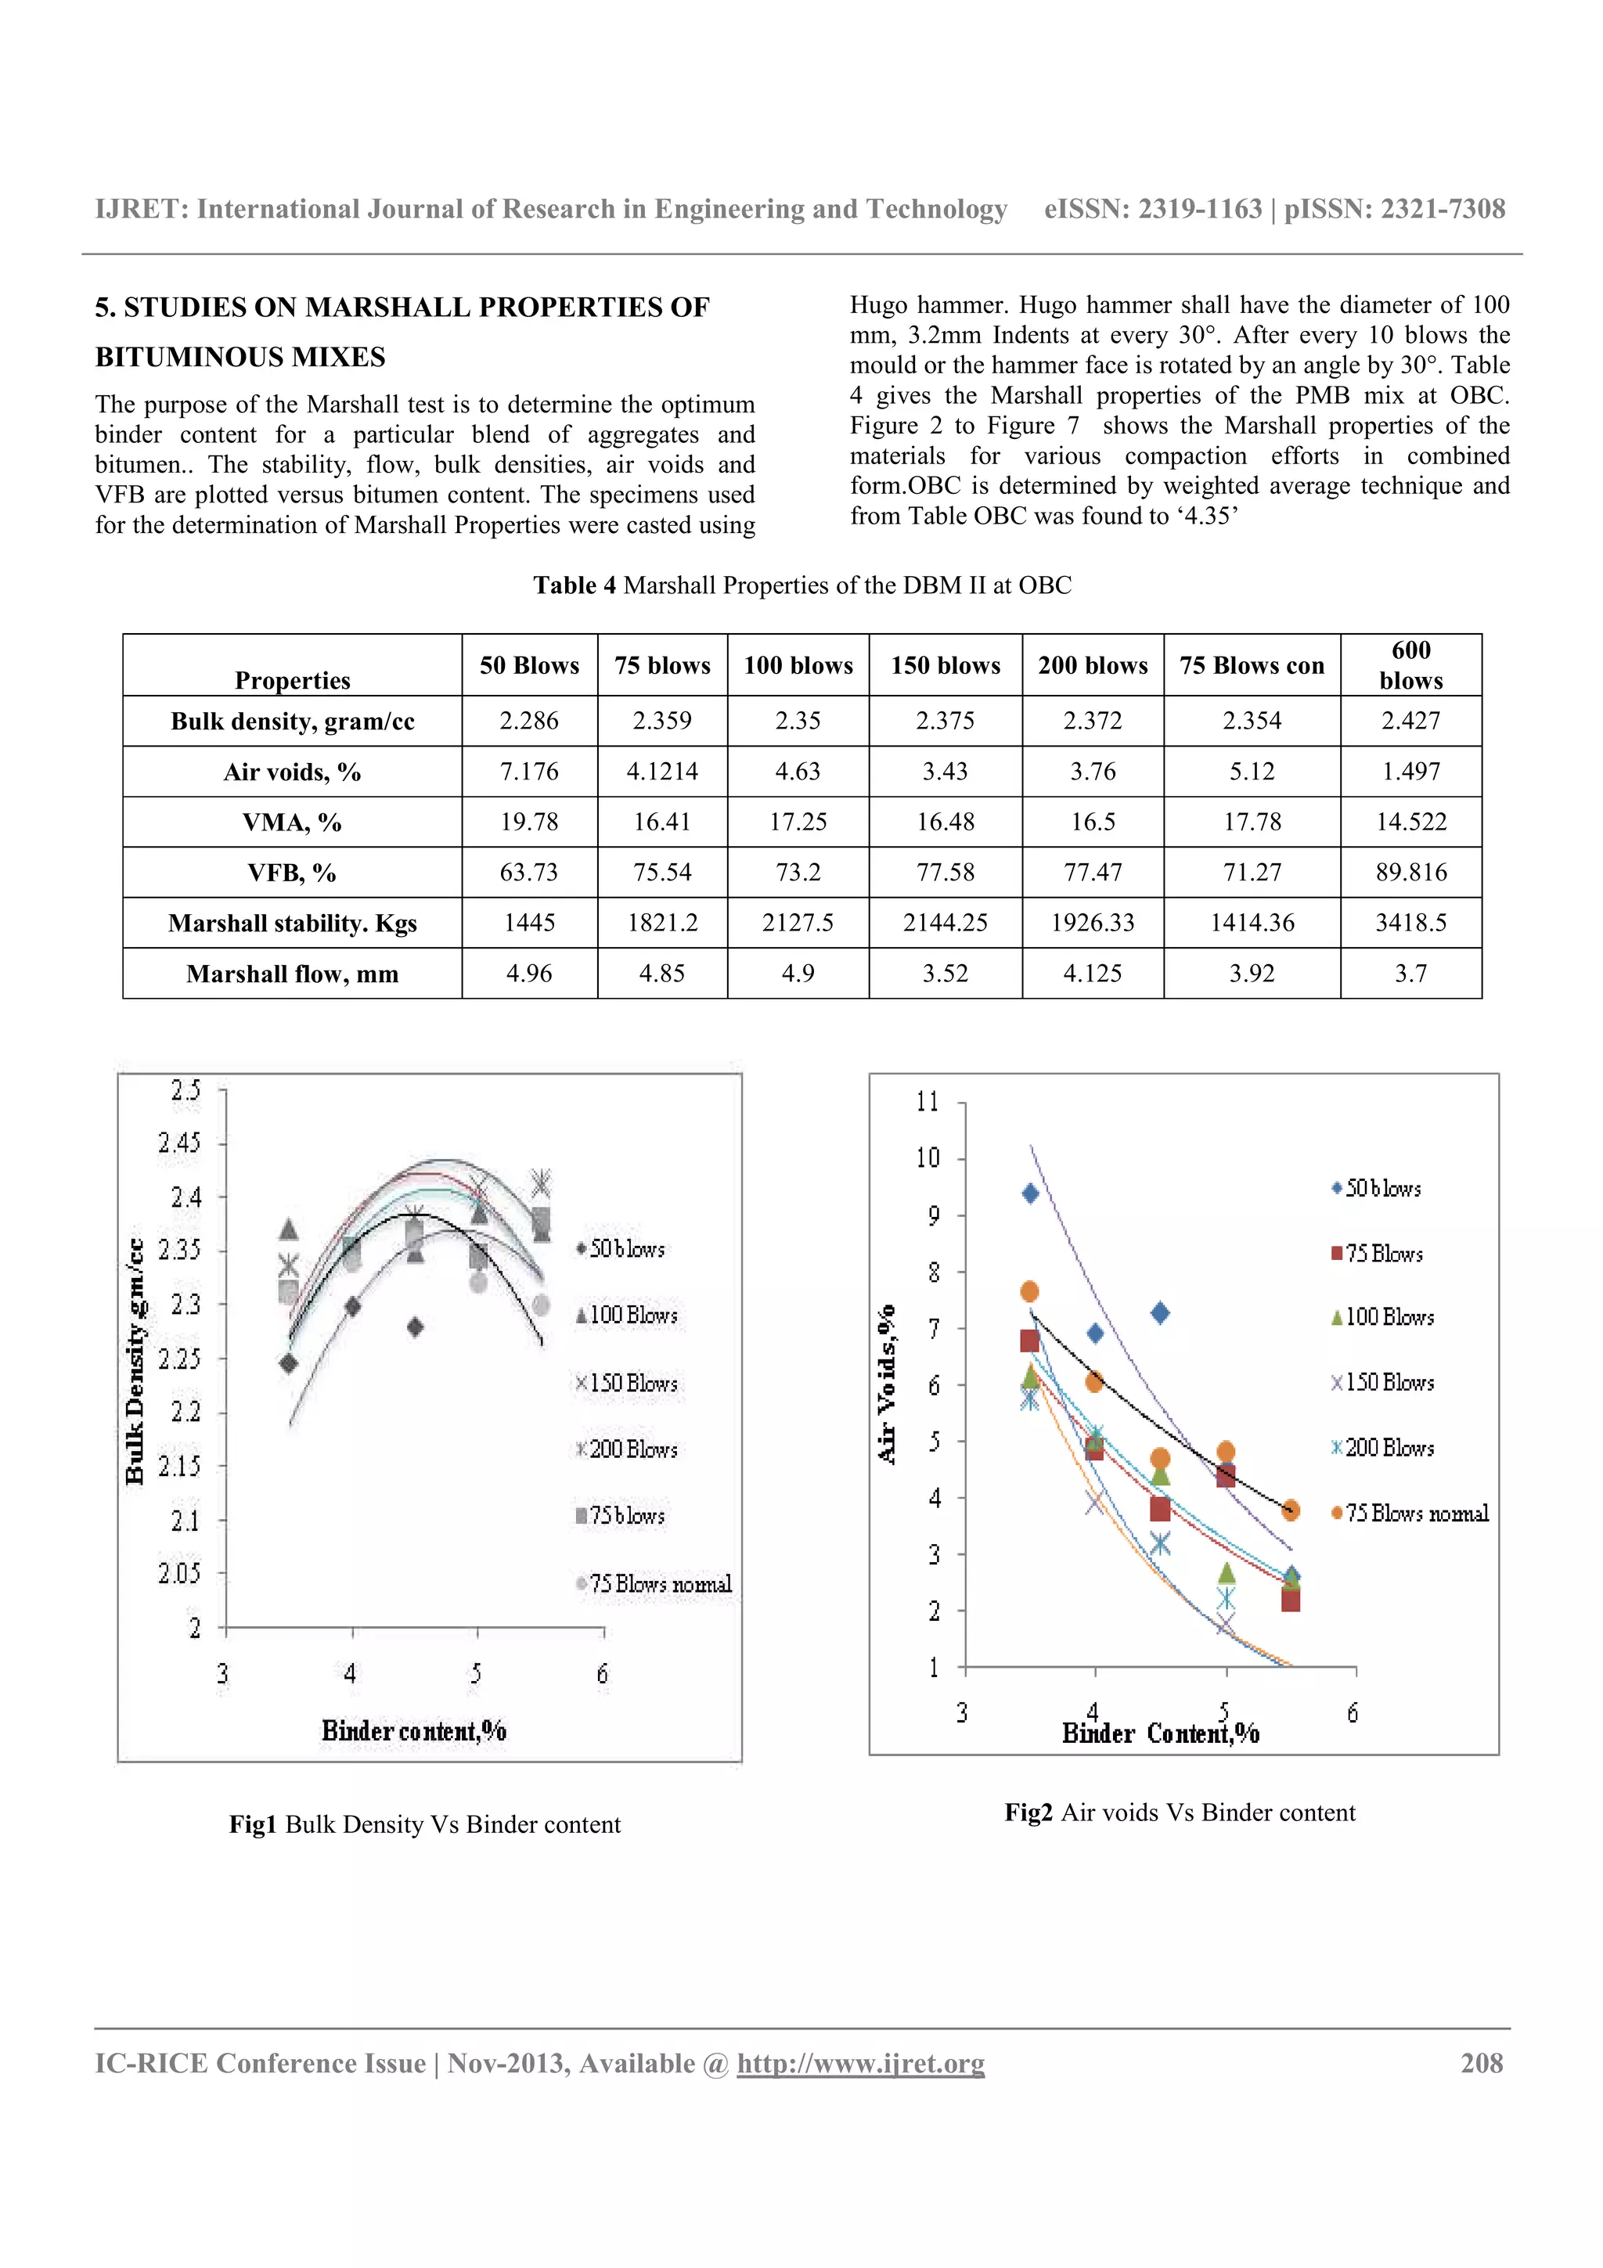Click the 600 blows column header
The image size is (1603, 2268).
[x=1410, y=664]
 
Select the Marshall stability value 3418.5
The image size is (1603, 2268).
[x=1410, y=923]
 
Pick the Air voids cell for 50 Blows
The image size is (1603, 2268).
[x=528, y=772]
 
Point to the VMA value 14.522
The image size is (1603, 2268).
[x=1410, y=822]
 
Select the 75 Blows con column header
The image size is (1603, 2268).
[x=1252, y=664]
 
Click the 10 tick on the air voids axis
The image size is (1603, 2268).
[x=928, y=1157]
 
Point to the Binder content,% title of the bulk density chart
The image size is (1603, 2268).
[x=414, y=1730]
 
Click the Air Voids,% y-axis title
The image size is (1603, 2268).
[x=887, y=1383]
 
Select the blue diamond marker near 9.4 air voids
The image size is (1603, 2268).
[x=1030, y=1193]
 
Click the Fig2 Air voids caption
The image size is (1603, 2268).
[x=1180, y=1813]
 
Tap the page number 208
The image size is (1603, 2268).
[x=1482, y=2064]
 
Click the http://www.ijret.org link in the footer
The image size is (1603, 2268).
[x=860, y=2064]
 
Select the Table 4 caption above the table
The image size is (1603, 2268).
[x=802, y=585]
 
